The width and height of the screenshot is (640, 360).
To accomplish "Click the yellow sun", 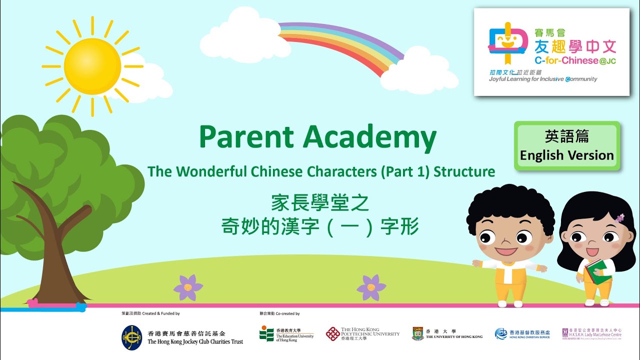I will coord(92,66).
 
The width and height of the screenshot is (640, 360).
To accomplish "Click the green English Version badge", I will coord(566,145).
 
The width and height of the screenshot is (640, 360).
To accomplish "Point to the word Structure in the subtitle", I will coord(464,172).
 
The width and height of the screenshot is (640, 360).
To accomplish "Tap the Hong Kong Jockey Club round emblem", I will coord(131,337).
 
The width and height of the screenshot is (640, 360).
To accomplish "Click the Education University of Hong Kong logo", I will coord(267,333).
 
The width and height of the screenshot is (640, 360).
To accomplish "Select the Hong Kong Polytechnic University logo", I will coord(333,333).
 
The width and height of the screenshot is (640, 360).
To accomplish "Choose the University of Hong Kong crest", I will coord(417,333).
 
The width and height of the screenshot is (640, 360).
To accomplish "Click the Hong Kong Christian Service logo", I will coord(501,333).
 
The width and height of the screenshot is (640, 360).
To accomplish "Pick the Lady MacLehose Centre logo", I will coord(565,333).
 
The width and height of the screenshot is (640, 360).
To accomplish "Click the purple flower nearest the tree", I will coord(188,287).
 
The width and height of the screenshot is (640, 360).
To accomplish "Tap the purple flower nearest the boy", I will coord(371,287).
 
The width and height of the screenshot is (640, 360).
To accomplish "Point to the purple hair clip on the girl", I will coord(620,218).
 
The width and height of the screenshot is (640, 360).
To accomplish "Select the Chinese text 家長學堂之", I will coord(320,203).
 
